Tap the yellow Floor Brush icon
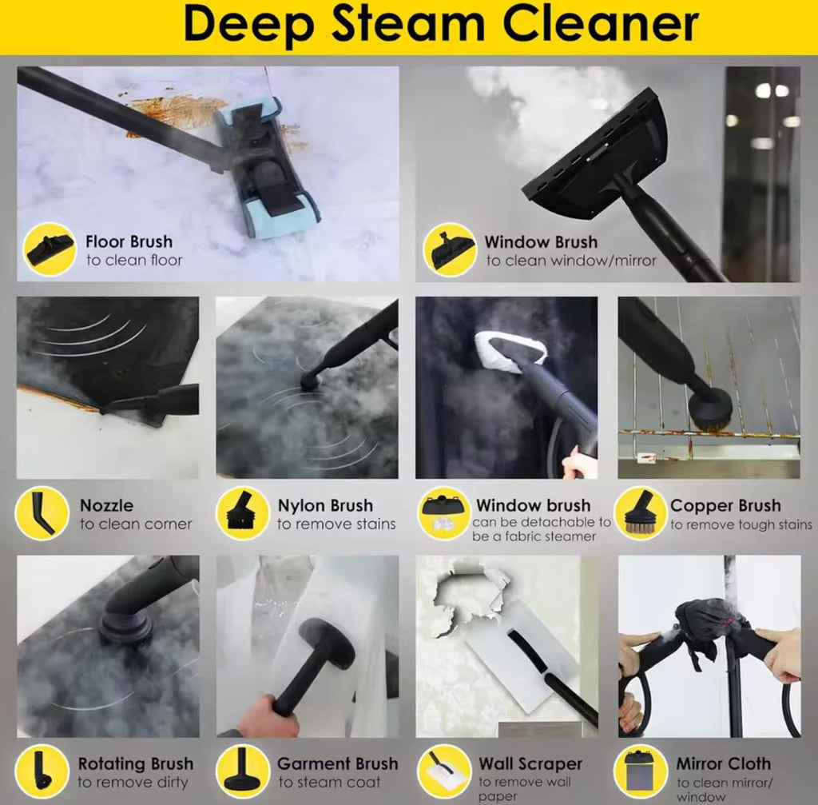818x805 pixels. coord(50,249)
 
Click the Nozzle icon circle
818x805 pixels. coord(42,512)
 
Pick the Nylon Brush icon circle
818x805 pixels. coord(242,512)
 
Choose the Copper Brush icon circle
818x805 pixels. coord(641,512)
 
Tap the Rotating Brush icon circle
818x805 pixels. coord(42,771)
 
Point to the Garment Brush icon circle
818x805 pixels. coord(242,771)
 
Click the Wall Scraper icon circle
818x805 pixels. coord(444,771)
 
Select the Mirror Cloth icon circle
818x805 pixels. coord(641,771)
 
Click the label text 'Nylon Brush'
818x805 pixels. coord(325,505)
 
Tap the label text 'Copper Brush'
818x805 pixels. coord(725,505)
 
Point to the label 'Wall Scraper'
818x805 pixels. coord(530,763)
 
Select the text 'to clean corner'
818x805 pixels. coord(136,524)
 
